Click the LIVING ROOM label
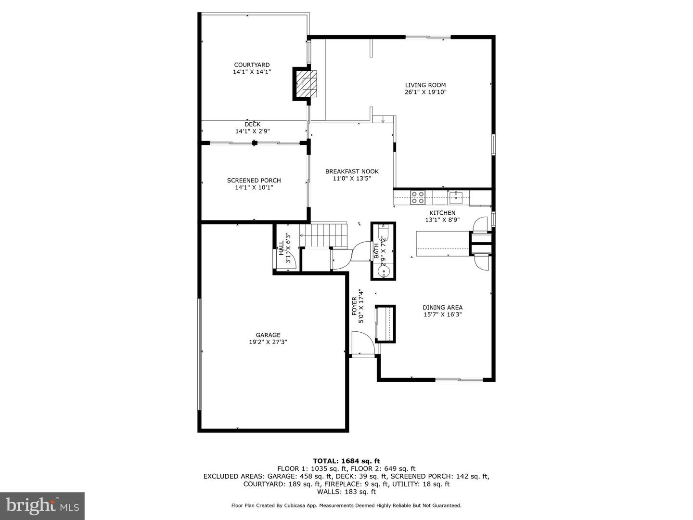pos(425,85)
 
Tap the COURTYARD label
pos(252,65)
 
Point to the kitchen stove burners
pos(417,197)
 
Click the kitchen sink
pos(456,197)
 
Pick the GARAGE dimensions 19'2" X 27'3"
pos(268,342)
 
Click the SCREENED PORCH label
pos(254,180)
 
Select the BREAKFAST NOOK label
pos(352,171)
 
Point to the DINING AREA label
pos(442,307)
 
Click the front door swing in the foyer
pos(363,343)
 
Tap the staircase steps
pos(323,235)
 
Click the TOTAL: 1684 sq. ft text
pos(346,461)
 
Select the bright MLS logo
pos(42,506)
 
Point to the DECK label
pos(252,124)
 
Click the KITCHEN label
pos(442,213)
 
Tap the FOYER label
pos(354,306)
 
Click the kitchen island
pos(443,244)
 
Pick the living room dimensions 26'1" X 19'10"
pos(425,92)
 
